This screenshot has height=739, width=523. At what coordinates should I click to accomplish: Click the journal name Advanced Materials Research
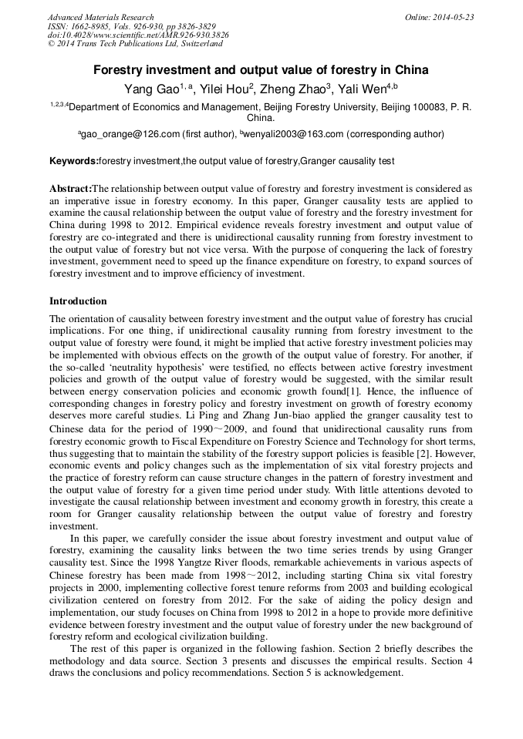tap(100, 17)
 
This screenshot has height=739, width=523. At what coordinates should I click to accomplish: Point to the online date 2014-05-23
tap(454, 17)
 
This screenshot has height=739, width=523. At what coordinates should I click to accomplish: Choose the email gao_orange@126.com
tap(129, 134)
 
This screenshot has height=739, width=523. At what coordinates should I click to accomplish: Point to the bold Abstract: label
tap(70, 189)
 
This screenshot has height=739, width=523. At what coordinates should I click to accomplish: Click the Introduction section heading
tap(78, 301)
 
